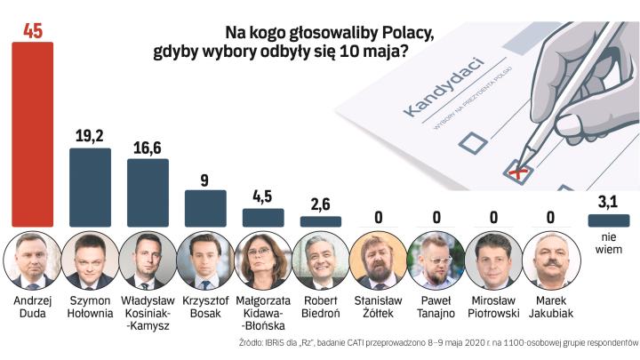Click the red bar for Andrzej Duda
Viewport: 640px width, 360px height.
32,133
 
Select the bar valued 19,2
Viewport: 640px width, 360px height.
90,187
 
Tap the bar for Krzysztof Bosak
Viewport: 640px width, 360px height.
205,208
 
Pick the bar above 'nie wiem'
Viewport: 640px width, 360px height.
609,220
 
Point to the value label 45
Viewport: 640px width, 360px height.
32,31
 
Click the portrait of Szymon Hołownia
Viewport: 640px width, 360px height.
90,260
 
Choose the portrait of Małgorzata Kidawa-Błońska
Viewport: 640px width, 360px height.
263,260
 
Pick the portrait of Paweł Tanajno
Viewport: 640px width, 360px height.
436,260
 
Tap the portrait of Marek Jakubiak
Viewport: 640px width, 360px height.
551,260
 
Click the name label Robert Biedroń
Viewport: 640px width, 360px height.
321,308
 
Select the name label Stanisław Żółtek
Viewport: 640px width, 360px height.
378,308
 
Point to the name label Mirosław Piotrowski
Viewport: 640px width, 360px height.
494,308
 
